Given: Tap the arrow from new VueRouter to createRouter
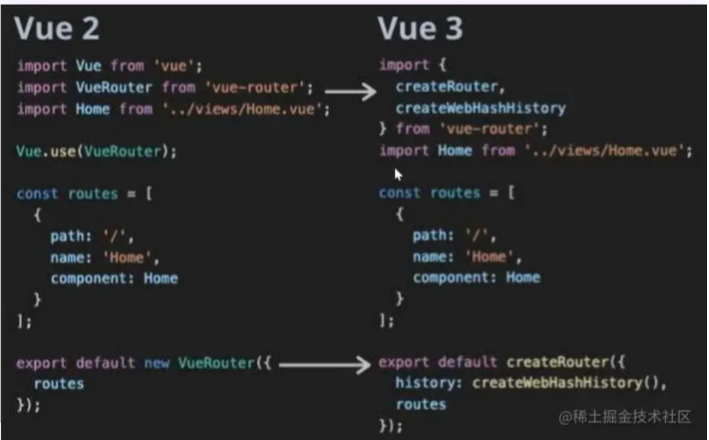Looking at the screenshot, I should pos(324,365).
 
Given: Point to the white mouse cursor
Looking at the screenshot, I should pos(399,174).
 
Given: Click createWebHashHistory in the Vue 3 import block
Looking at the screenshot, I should pos(481,108).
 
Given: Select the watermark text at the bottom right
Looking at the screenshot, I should pos(630,414).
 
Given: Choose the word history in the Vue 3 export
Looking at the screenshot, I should pos(427,383).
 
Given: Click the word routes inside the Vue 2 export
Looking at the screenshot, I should pos(58,383).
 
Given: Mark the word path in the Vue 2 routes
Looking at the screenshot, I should pos(69,235).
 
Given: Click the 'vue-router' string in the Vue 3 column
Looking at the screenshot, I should pos(484,129).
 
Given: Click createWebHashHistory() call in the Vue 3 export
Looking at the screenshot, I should pos(567,383).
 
